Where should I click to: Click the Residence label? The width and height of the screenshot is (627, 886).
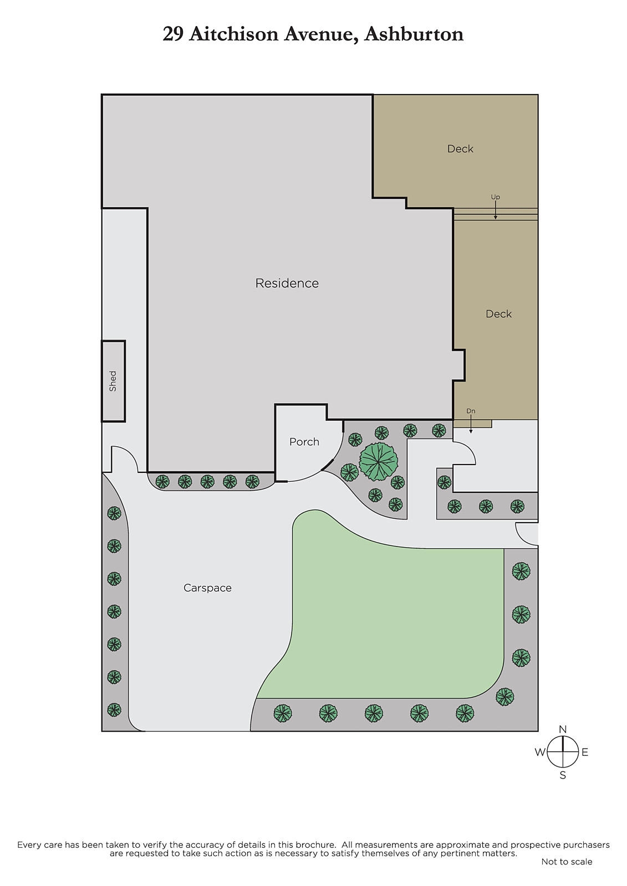pos(287,283)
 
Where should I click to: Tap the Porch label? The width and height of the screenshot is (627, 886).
pos(304,442)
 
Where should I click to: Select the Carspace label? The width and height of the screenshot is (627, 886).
pos(207,588)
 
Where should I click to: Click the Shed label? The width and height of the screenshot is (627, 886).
pos(113,382)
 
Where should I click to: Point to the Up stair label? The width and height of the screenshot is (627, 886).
pos(496,197)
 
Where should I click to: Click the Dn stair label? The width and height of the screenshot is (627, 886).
pos(471,411)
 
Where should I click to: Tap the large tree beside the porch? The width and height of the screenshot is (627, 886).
pos(379,461)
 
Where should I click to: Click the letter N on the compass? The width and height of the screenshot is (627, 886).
pos(563,729)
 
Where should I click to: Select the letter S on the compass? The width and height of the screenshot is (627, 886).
pos(563,776)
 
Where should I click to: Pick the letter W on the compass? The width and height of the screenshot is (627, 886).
pos(541,753)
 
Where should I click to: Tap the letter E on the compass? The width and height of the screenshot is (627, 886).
pos(585,753)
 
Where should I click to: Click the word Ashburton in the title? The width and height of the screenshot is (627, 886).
pos(414,34)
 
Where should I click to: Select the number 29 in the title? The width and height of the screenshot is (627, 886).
pos(173,34)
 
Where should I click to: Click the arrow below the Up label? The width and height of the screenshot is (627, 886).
pos(496,210)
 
